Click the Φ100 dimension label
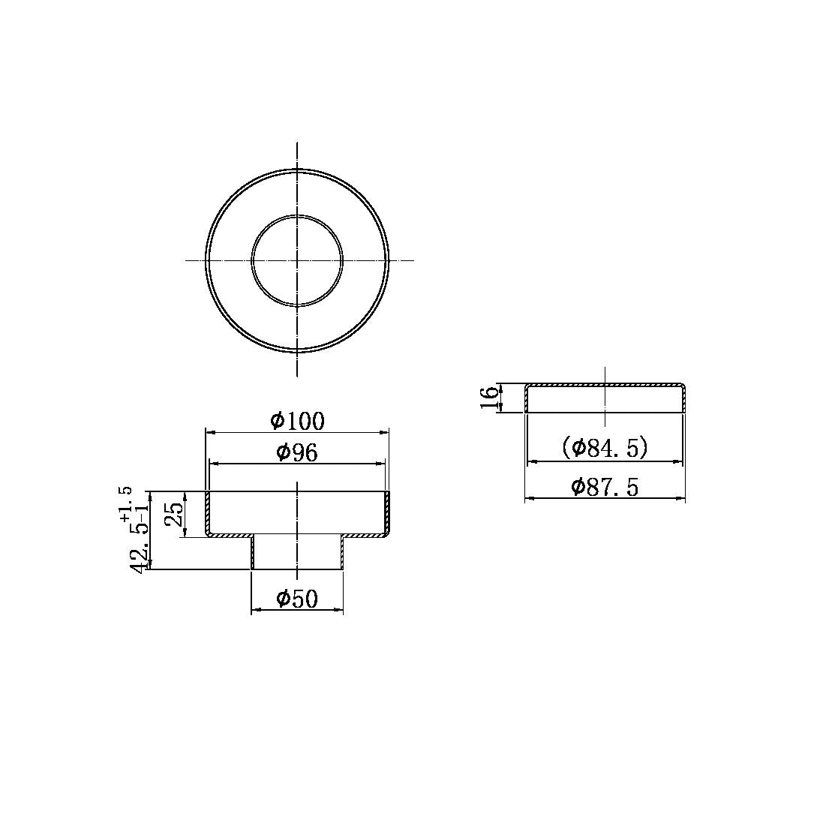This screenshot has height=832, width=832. (298, 421)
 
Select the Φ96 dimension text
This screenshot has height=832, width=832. (297, 452)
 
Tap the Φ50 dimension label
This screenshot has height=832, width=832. (297, 599)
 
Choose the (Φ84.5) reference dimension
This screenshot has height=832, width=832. (605, 448)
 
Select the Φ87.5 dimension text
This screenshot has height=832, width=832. (605, 487)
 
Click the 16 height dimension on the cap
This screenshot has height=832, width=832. (489, 397)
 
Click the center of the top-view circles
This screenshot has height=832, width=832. (298, 260)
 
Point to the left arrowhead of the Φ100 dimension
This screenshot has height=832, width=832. (211, 432)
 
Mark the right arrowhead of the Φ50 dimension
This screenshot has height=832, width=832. (339, 610)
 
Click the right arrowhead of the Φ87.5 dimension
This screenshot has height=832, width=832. (680, 498)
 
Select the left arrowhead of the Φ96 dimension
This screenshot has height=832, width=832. (214, 464)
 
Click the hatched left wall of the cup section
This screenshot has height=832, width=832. (208, 513)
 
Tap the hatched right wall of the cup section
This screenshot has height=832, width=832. (388, 513)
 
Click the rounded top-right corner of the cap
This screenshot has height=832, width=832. (682, 386)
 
